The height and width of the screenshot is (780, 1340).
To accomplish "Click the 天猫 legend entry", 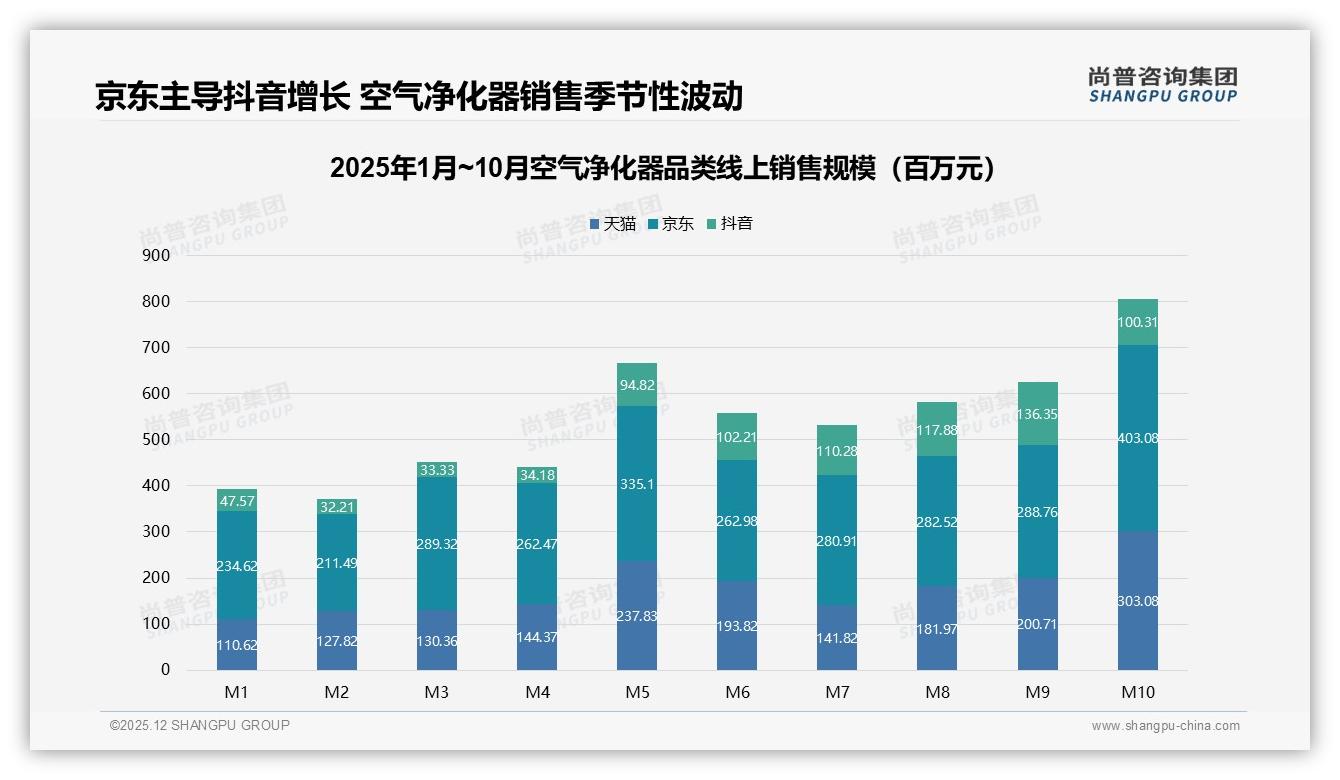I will pyautogui.click(x=613, y=224).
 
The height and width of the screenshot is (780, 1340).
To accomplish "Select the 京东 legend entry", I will pyautogui.click(x=671, y=224).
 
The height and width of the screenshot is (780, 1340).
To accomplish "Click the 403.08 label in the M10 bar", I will pyautogui.click(x=1138, y=438).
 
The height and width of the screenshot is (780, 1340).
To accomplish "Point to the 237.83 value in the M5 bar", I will pyautogui.click(x=637, y=616).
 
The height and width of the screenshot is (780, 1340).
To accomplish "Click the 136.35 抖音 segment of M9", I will pyautogui.click(x=1038, y=414).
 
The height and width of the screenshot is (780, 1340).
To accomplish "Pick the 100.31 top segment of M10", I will pyautogui.click(x=1138, y=322).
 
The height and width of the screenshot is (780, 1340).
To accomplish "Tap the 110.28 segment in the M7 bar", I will pyautogui.click(x=837, y=451).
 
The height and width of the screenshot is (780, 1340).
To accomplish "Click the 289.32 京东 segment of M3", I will pyautogui.click(x=437, y=544).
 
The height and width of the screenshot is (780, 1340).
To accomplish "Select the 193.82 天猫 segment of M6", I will pyautogui.click(x=737, y=625).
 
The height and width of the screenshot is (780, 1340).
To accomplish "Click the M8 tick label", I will pyautogui.click(x=937, y=692).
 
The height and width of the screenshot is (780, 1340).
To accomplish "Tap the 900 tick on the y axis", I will pyautogui.click(x=157, y=255).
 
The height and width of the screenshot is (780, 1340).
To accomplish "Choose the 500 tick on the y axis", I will pyautogui.click(x=157, y=439).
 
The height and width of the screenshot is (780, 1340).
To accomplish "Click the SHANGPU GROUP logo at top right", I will pyautogui.click(x=1162, y=85).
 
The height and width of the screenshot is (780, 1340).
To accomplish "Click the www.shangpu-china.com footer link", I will pyautogui.click(x=1165, y=726).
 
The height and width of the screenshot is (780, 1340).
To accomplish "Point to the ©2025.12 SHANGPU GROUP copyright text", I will pyautogui.click(x=200, y=726).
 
